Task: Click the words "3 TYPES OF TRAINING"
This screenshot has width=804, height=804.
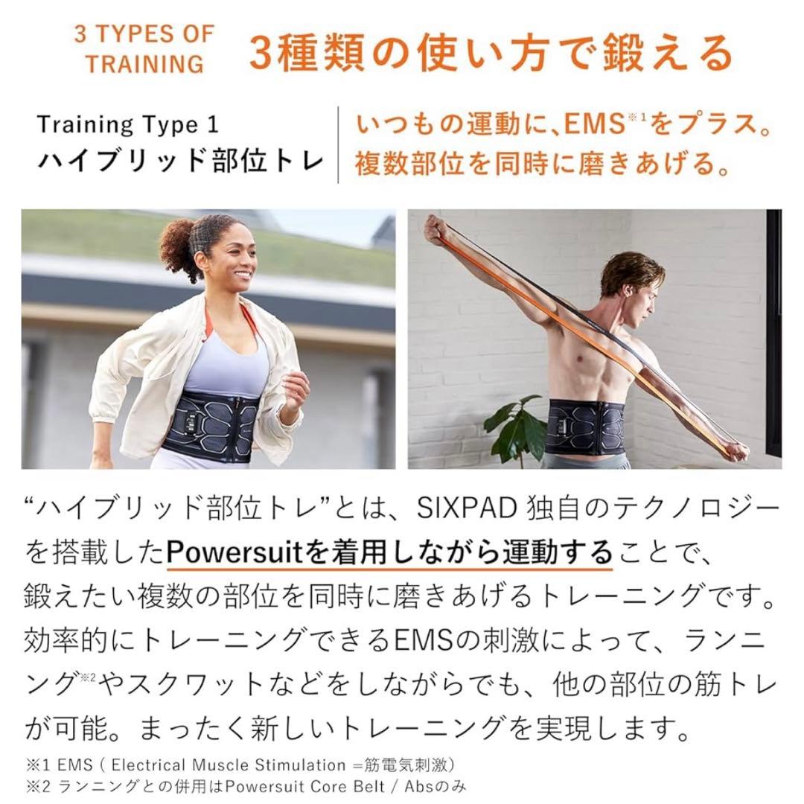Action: point(144,48)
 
